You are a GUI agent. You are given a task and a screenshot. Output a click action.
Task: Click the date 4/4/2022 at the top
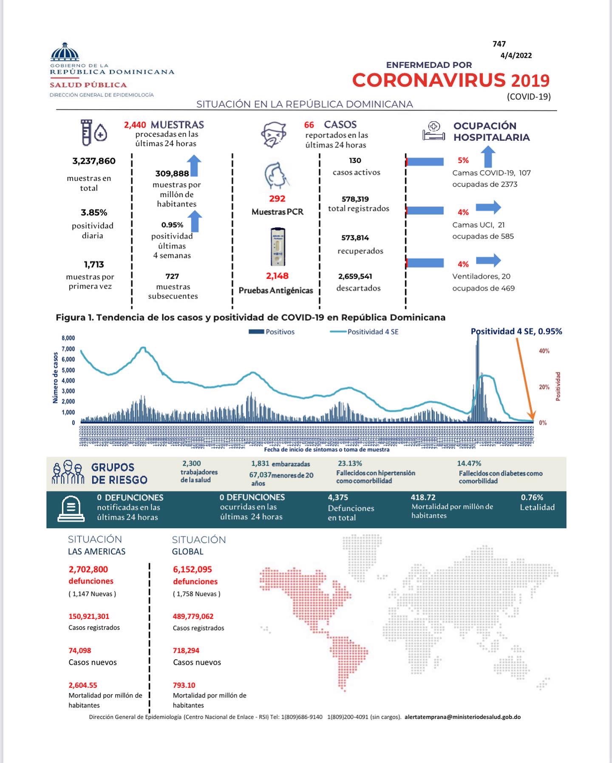tap(516, 55)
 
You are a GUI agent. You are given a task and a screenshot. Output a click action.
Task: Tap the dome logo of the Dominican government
tap(65, 53)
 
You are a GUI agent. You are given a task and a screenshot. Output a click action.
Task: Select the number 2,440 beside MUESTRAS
tap(135, 125)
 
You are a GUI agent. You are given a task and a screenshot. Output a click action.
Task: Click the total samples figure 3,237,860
tap(94, 161)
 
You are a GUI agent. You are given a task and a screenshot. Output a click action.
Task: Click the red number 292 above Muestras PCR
tap(277, 199)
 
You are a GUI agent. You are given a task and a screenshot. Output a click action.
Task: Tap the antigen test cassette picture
tap(278, 247)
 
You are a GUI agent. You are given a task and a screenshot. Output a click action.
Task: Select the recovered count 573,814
tap(355, 238)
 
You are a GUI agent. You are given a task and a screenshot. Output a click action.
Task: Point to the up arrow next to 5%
tap(488, 157)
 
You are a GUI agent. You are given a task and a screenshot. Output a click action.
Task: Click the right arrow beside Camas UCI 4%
tap(488, 207)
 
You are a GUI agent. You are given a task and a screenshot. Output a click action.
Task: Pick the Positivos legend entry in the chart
tap(272, 332)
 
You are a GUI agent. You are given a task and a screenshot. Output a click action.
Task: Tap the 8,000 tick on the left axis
tap(68, 338)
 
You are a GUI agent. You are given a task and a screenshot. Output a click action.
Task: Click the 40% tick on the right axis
tap(544, 351)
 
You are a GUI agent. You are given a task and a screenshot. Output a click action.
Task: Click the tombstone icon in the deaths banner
tap(71, 508)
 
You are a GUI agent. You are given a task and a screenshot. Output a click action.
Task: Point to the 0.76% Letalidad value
tap(532, 497)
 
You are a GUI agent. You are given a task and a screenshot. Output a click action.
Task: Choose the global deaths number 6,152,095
tap(192, 570)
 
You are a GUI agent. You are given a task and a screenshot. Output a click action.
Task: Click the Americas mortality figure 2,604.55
tap(83, 685)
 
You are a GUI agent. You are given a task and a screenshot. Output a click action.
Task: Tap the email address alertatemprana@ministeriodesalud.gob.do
tap(462, 717)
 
